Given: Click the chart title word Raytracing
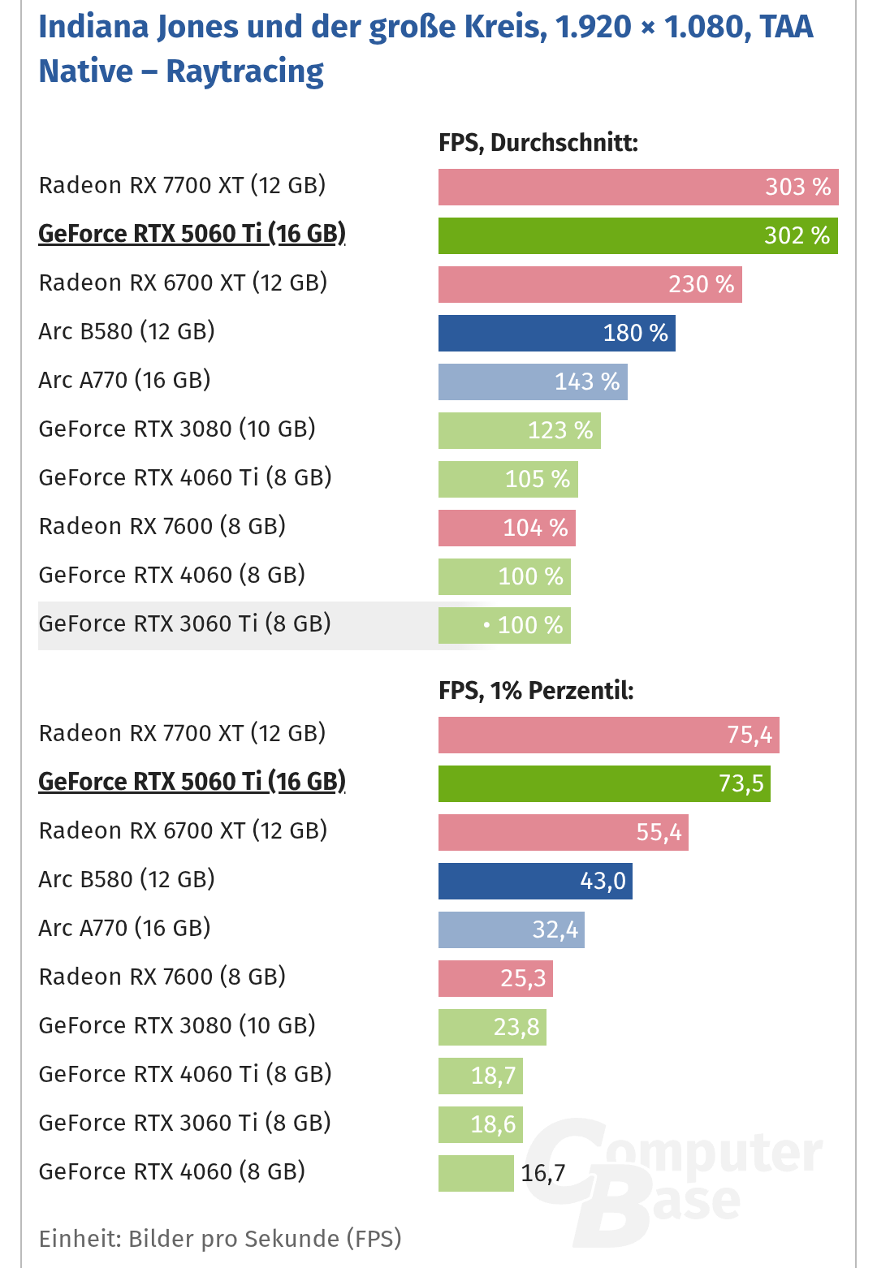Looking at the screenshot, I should (x=244, y=71).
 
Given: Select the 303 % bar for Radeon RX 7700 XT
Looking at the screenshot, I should (x=637, y=187).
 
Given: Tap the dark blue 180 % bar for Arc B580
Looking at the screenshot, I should (x=556, y=333).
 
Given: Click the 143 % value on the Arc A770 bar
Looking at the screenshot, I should (x=586, y=382).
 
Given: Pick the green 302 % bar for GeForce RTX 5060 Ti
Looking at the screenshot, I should (x=637, y=235).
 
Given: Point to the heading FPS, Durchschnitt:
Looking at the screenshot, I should (x=538, y=143).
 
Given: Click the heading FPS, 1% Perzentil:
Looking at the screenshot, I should (x=535, y=691).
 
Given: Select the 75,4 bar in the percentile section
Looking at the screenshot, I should (x=608, y=735).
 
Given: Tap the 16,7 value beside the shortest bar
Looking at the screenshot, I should (x=542, y=1173).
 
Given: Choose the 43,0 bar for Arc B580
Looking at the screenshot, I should (x=535, y=881).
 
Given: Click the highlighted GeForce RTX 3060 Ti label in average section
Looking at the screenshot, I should (x=184, y=623).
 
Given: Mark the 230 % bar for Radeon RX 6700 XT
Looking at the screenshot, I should (x=590, y=284).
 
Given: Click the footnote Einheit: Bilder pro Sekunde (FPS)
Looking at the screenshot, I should (x=220, y=1239).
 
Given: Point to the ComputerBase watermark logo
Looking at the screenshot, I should (x=674, y=1177).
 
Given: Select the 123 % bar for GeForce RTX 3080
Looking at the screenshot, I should (x=519, y=430).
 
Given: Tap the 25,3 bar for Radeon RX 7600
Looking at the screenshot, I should (x=495, y=978).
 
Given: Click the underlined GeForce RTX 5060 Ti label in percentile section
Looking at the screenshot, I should (x=192, y=781).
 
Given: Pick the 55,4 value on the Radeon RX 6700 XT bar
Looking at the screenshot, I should (x=659, y=832).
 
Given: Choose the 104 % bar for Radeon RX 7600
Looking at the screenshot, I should (x=507, y=528).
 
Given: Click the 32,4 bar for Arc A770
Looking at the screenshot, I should (x=511, y=929).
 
